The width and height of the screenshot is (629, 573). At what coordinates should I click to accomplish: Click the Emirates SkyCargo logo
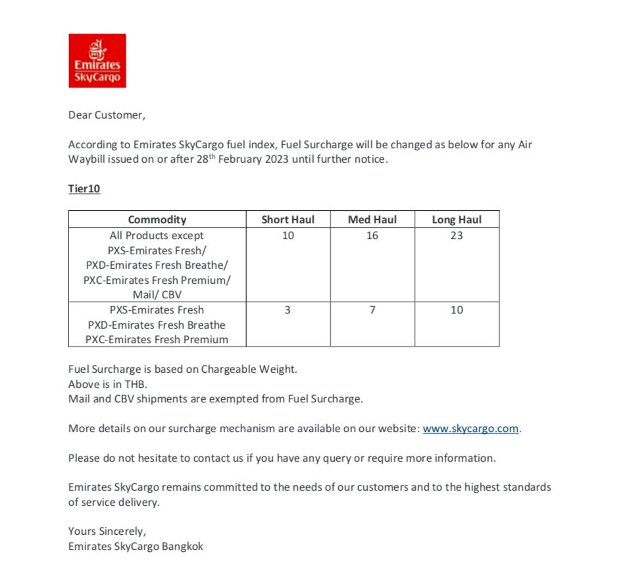(97, 61)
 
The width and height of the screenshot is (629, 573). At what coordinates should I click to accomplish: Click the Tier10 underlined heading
(84, 189)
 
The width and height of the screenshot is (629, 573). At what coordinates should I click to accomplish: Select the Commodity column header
(157, 220)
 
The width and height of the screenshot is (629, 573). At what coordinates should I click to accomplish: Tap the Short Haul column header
(288, 220)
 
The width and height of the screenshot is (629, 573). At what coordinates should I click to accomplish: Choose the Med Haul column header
(372, 220)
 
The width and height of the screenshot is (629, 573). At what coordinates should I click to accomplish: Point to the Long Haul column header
(457, 220)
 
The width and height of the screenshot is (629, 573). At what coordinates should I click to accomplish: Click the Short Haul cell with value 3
(288, 310)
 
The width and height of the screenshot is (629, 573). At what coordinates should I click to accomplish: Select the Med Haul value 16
(372, 236)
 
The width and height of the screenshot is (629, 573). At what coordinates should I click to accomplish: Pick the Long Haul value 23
(457, 236)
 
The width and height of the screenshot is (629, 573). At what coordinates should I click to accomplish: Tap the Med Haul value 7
(372, 310)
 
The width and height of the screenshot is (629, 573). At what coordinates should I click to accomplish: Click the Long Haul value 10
(457, 310)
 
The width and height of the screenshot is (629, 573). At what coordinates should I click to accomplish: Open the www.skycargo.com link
(470, 429)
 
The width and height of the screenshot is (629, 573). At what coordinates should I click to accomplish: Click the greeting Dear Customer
(106, 115)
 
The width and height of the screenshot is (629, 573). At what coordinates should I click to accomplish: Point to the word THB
(134, 384)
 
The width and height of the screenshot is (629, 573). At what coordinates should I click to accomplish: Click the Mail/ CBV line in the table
(157, 295)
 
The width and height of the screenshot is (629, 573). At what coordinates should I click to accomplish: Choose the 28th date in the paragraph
(205, 159)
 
